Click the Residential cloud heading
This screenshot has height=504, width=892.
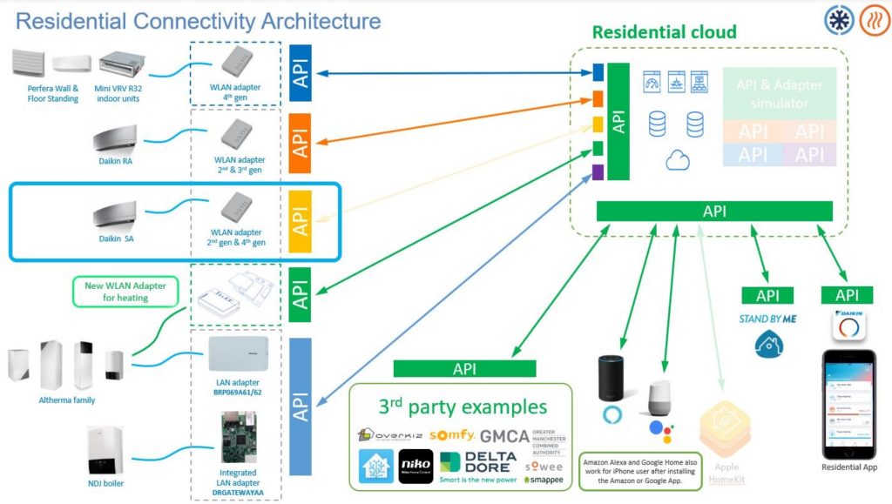point(664,33)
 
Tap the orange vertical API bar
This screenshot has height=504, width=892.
point(301,139)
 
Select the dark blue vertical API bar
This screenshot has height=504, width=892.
point(301,72)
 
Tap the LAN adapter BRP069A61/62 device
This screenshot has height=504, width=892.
point(238,355)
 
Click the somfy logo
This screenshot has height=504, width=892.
point(452,434)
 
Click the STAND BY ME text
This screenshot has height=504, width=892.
point(767,319)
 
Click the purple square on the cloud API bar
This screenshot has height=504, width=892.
point(598,171)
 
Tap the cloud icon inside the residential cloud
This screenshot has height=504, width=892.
point(677,160)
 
